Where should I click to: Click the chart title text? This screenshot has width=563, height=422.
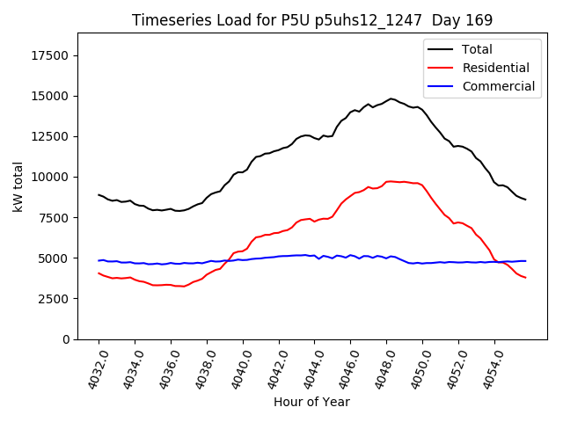[x=312, y=19]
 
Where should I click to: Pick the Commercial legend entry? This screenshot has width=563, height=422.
[x=497, y=86]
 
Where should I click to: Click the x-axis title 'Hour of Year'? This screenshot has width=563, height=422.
[x=311, y=402]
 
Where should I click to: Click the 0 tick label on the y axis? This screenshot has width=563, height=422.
[x=66, y=339]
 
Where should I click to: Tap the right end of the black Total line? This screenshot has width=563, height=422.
[x=525, y=200]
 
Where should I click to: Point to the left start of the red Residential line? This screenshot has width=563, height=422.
[x=99, y=273]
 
